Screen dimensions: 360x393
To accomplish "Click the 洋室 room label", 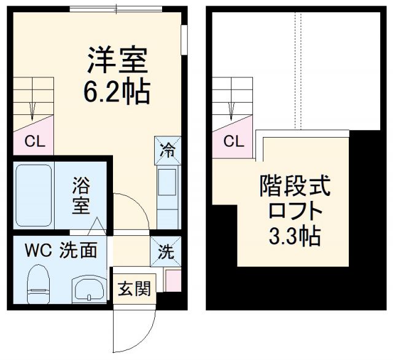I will [x=117, y=61].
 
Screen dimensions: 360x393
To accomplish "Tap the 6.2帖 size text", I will [x=117, y=92].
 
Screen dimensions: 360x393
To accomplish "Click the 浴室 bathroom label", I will [x=81, y=195].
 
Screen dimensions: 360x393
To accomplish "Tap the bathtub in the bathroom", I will [x=33, y=195].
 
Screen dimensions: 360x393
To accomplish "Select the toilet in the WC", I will [x=37, y=283].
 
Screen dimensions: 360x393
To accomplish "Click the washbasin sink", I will [x=88, y=288].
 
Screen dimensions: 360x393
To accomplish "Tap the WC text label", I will [x=37, y=251].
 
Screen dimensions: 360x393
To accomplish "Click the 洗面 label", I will [x=78, y=251].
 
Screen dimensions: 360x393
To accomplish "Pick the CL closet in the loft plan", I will [x=233, y=141].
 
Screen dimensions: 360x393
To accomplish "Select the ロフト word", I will [x=295, y=211].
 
